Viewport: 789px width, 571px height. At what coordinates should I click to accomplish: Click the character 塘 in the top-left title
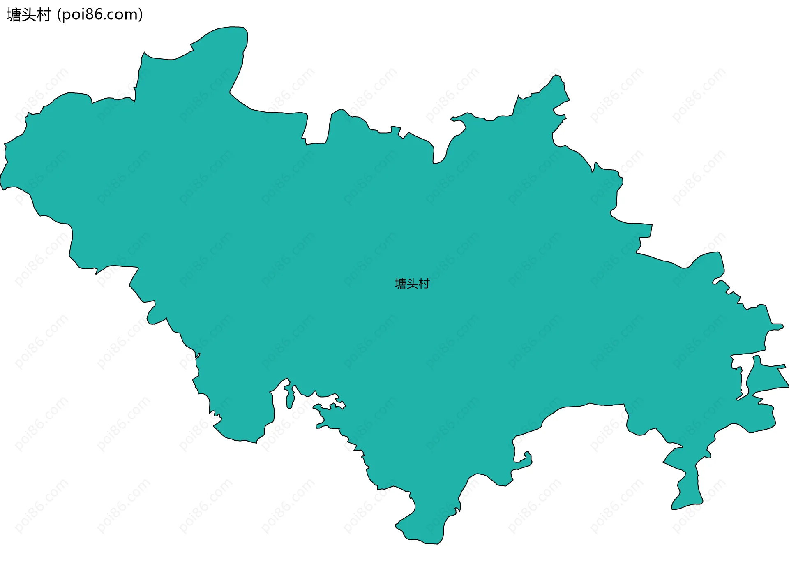click(14, 15)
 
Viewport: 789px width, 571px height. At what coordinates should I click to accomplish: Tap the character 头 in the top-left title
click(29, 15)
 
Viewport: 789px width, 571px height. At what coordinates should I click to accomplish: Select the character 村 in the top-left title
click(44, 15)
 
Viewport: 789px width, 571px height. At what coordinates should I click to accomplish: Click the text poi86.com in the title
click(100, 15)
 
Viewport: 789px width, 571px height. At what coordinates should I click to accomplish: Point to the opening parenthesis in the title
click(60, 15)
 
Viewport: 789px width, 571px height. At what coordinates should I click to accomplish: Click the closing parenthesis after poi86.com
click(141, 15)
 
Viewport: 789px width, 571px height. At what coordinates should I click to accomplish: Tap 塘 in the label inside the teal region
click(400, 284)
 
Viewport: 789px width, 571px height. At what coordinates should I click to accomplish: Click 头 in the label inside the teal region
click(412, 284)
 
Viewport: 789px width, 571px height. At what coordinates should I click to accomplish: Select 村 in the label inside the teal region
click(424, 284)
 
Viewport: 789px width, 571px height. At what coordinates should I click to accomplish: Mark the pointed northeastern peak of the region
click(556, 80)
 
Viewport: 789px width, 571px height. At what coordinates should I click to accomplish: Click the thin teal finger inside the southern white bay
click(290, 397)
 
